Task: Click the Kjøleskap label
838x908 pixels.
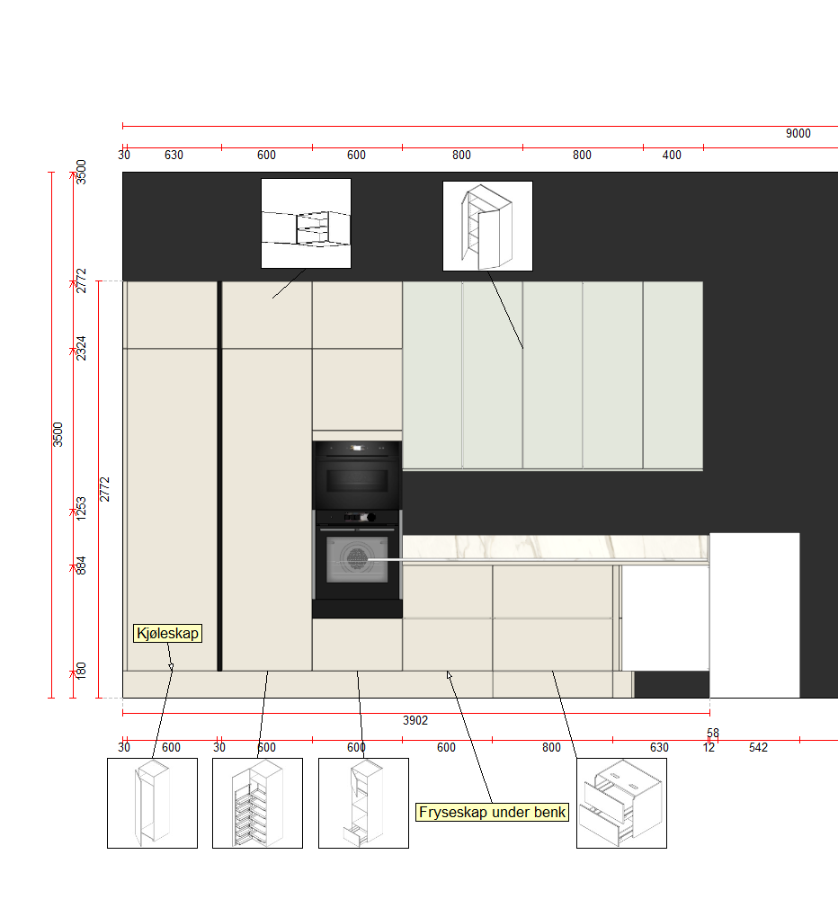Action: (168, 633)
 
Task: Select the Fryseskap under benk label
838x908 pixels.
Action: (492, 812)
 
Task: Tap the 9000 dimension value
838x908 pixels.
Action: (798, 133)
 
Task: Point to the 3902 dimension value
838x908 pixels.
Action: (415, 720)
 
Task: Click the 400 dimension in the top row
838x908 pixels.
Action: (672, 156)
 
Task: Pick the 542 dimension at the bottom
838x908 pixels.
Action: (758, 748)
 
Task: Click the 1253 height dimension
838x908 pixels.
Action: (81, 509)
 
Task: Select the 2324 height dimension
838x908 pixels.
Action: (81, 348)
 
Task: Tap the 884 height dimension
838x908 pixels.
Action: (81, 565)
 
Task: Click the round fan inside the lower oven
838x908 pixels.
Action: (357, 558)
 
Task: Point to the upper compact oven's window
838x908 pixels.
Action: (357, 480)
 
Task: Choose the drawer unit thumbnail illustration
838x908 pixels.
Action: (621, 803)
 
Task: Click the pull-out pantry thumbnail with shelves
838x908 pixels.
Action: (258, 803)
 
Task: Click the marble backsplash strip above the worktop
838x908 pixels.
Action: (555, 547)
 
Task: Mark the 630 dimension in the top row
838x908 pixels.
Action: (174, 156)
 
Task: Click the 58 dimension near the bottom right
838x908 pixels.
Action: (713, 733)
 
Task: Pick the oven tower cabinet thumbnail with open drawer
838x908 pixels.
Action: (363, 803)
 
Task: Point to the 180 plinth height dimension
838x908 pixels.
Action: (81, 671)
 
